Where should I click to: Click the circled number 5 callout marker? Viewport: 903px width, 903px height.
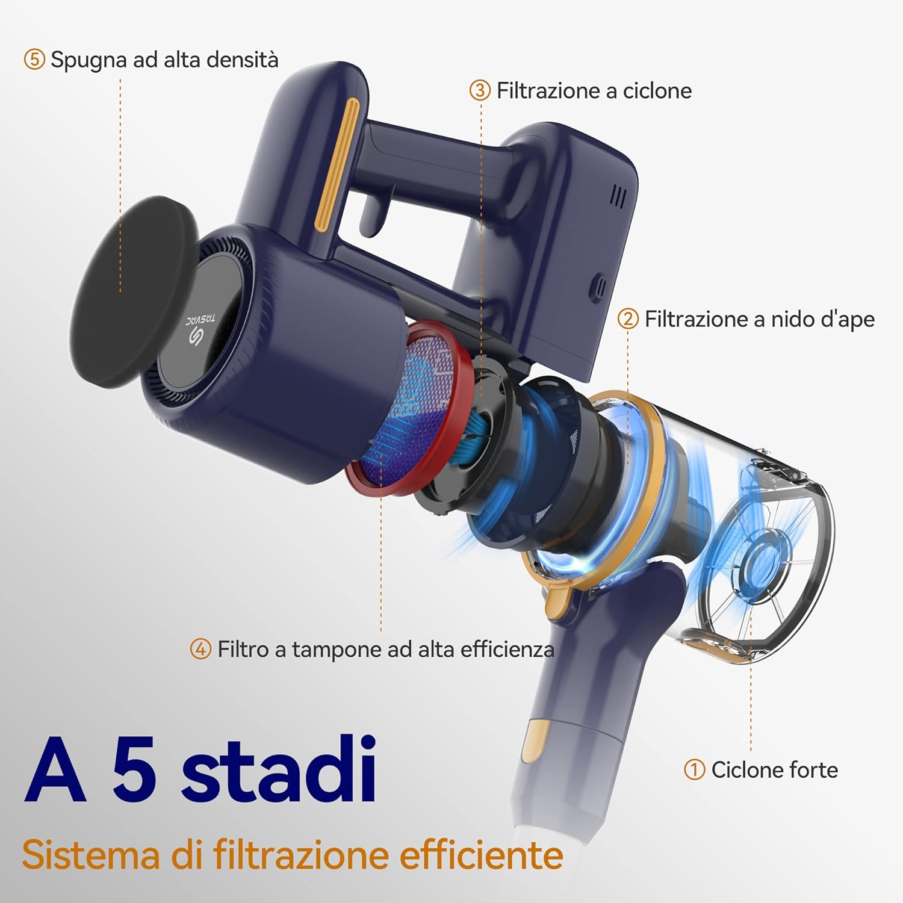[x=34, y=60]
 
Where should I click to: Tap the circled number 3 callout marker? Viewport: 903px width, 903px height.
[x=480, y=91]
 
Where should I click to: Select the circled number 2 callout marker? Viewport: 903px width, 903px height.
[x=628, y=319]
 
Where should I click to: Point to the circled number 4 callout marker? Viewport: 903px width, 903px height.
[x=200, y=649]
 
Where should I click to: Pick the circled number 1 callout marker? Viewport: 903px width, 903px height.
[x=694, y=769]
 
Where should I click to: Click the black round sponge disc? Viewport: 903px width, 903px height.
[x=134, y=292]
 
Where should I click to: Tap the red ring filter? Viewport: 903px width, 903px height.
[x=409, y=409]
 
